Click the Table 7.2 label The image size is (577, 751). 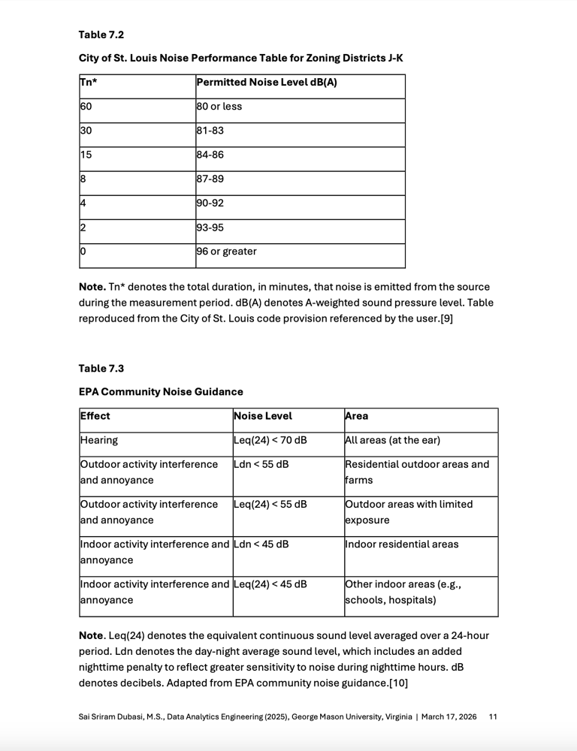click(x=101, y=35)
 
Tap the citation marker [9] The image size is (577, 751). click(x=446, y=318)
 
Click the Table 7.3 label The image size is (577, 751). click(x=101, y=368)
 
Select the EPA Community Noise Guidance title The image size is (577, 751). click(x=161, y=391)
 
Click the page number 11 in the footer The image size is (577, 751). click(x=493, y=717)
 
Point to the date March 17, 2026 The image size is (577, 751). click(x=449, y=717)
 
